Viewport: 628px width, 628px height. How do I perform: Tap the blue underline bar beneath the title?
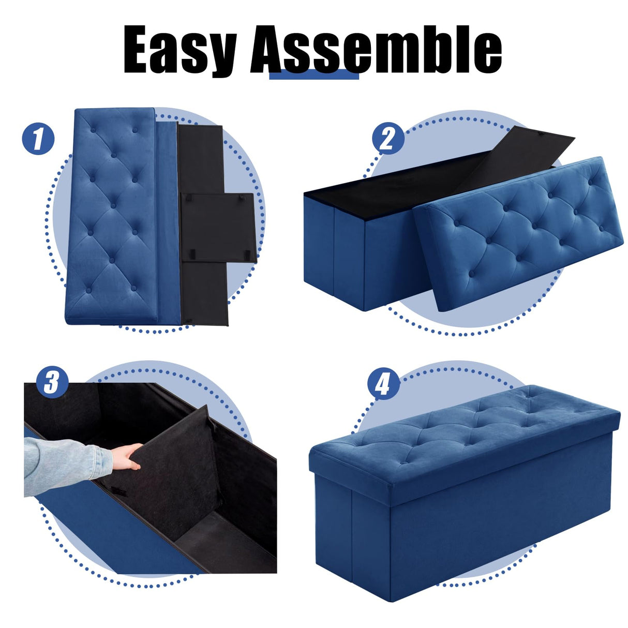pyautogui.click(x=314, y=76)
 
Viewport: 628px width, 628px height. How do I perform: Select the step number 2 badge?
pyautogui.click(x=388, y=139)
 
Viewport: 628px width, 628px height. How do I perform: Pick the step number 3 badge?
pyautogui.click(x=52, y=383)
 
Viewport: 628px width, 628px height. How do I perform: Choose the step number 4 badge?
pyautogui.click(x=383, y=384)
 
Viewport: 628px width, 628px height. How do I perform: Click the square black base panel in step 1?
pyautogui.click(x=217, y=228)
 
